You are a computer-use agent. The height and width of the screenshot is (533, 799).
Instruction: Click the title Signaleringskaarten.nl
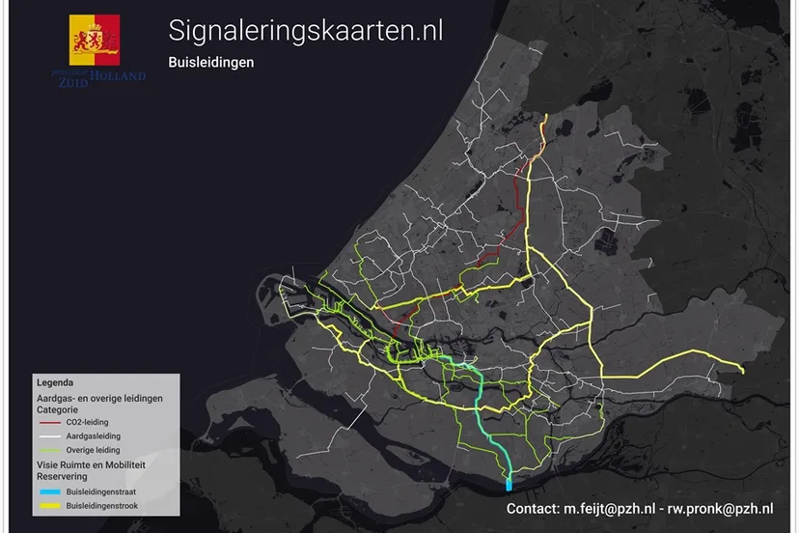305,30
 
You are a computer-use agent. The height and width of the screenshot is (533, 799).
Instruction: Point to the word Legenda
56,383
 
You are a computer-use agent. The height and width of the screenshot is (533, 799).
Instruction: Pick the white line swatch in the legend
50,436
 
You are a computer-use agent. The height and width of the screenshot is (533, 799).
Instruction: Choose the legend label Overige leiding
94,450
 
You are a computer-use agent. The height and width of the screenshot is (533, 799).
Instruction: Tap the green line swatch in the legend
50,450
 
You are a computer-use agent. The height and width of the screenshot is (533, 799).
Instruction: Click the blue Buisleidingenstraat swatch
50,491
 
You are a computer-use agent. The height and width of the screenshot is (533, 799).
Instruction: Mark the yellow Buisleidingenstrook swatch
50,504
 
